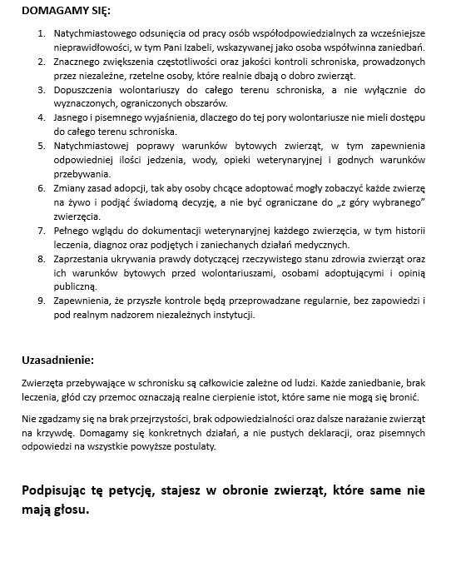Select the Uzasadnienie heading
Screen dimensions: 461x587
click(x=58, y=361)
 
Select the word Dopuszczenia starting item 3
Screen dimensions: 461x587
click(x=85, y=88)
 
